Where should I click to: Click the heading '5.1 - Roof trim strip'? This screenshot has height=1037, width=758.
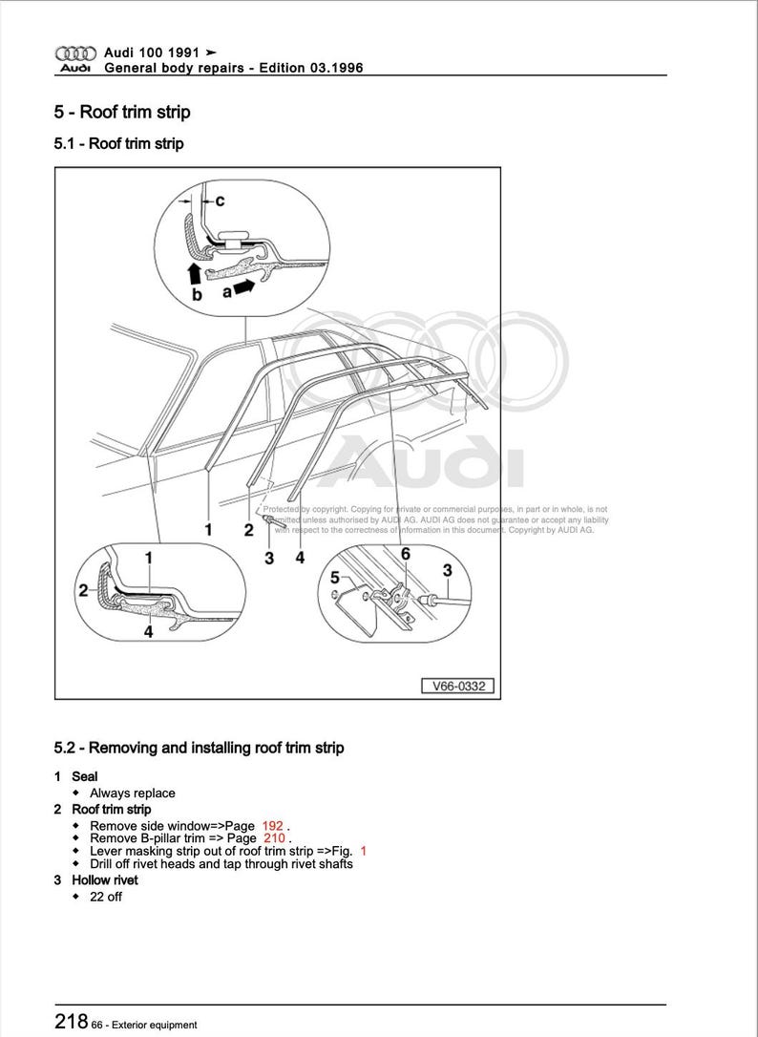click(118, 144)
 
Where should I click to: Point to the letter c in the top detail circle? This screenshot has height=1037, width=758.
click(220, 201)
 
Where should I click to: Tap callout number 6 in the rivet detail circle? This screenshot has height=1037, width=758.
click(405, 554)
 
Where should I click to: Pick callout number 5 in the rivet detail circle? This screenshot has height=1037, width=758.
click(334, 578)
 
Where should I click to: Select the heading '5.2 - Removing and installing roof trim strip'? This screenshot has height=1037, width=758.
click(199, 748)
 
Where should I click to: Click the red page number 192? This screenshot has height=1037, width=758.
click(273, 825)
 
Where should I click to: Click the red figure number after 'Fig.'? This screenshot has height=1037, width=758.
click(363, 850)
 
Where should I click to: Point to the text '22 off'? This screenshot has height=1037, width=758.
click(106, 897)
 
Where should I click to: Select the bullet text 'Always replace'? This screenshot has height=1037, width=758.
click(133, 793)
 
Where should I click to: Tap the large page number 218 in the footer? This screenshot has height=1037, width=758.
click(72, 1021)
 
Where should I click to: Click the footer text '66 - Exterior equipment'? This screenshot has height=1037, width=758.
click(146, 1025)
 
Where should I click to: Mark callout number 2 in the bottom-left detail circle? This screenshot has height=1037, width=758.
click(83, 591)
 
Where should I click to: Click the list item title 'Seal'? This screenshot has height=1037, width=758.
click(85, 776)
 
